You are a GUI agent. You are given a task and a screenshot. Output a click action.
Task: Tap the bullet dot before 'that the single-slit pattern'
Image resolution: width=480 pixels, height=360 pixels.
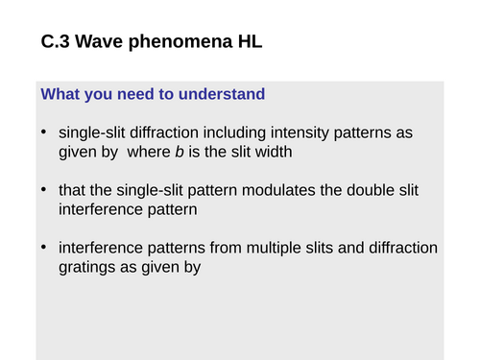click(44, 189)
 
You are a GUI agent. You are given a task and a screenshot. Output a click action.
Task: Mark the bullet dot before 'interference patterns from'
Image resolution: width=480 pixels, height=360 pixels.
click(44, 248)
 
